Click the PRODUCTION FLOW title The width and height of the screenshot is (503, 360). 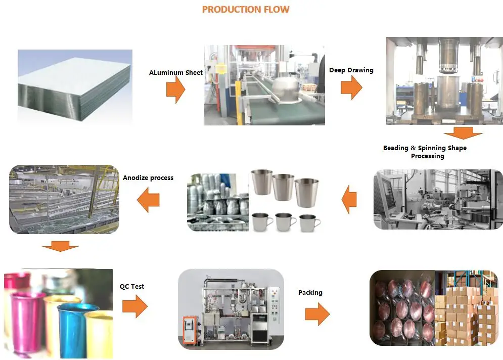pyautogui.click(x=246, y=10)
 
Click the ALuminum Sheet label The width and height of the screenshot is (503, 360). pyautogui.click(x=176, y=72)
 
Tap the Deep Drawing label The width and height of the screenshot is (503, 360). pyautogui.click(x=351, y=70)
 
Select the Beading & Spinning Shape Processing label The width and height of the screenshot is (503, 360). pyautogui.click(x=425, y=152)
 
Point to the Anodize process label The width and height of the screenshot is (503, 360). pyautogui.click(x=148, y=177)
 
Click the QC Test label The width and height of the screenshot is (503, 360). pyautogui.click(x=132, y=286)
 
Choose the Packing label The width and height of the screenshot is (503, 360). pyautogui.click(x=310, y=292)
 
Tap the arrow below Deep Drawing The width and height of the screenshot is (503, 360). pyautogui.click(x=351, y=87)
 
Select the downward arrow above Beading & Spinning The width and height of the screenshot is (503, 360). pyautogui.click(x=463, y=134)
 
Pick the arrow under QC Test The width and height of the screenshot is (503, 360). pyautogui.click(x=134, y=306)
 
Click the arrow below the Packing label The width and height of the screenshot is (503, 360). pyautogui.click(x=317, y=314)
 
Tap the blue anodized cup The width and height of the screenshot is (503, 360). pyautogui.click(x=71, y=324)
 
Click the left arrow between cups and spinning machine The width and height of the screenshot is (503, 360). pyautogui.click(x=349, y=199)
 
